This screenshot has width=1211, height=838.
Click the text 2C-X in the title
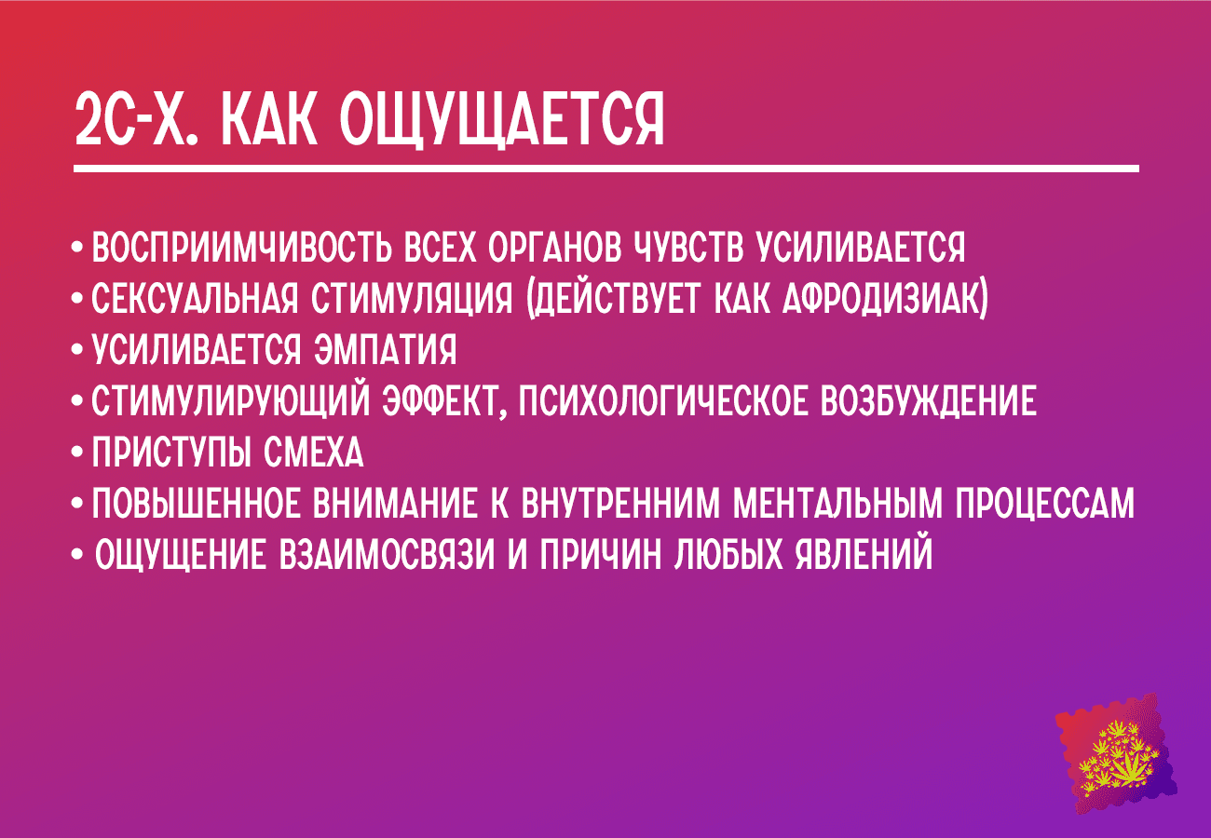[x=137, y=119]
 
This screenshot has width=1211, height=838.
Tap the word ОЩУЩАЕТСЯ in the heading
[x=502, y=120]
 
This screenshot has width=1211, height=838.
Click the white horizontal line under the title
[x=606, y=169]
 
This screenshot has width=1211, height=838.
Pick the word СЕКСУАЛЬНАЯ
[x=195, y=299]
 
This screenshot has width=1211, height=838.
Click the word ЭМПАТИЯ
[x=385, y=350]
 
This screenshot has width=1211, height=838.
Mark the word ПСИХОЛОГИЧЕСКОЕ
[x=663, y=401]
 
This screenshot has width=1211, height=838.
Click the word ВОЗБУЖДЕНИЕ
[x=929, y=401]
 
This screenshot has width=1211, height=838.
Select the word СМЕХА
[x=314, y=453]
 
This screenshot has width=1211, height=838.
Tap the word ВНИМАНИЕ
[x=395, y=504]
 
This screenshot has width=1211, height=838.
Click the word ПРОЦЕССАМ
[x=1044, y=504]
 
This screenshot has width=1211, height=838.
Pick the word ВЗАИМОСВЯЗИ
[x=387, y=555]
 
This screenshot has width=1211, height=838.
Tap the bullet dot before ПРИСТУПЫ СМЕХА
[x=77, y=453]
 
